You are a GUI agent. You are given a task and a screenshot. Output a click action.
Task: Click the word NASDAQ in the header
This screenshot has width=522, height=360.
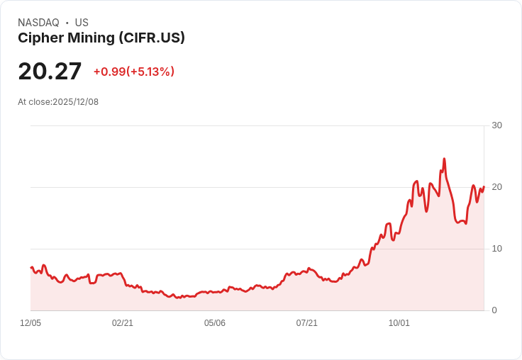click(38, 23)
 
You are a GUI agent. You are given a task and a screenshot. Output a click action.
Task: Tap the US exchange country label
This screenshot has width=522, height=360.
click(82, 23)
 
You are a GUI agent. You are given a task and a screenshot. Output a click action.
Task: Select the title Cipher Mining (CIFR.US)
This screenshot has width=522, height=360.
click(101, 38)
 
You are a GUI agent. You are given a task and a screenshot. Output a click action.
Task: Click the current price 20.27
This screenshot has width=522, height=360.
click(50, 72)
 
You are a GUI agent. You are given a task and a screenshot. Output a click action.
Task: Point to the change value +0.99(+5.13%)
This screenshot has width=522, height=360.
click(134, 72)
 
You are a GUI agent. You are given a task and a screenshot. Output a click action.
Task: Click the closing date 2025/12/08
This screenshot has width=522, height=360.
click(76, 102)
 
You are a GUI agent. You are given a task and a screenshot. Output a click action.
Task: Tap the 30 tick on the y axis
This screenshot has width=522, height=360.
click(496, 125)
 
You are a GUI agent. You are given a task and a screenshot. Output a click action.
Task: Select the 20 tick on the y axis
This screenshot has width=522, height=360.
click(496, 187)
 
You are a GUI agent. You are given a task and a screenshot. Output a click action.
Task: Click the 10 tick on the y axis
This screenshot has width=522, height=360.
click(496, 249)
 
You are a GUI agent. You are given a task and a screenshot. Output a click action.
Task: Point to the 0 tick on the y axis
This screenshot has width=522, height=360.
click(494, 310)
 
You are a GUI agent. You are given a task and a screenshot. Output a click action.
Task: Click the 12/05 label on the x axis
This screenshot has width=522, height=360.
click(30, 323)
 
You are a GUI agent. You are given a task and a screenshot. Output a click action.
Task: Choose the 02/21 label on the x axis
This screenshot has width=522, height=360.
click(123, 323)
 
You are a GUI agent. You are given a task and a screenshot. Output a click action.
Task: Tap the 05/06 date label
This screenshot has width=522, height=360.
click(215, 323)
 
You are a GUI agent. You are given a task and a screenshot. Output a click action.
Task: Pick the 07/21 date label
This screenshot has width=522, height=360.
click(307, 323)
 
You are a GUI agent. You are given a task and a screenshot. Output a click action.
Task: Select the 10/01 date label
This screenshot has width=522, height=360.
click(399, 323)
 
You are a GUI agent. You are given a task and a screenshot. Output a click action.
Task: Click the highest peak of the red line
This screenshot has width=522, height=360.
click(444, 159)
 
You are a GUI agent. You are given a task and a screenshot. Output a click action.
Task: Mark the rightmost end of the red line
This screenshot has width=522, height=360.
click(484, 187)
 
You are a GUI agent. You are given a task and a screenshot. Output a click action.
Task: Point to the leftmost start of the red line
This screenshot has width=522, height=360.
click(31, 267)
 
